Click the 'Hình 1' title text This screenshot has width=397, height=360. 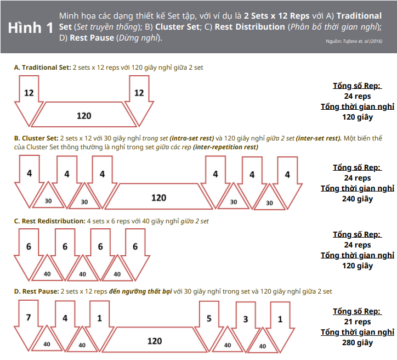(31, 27)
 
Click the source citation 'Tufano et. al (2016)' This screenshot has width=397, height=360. (362, 41)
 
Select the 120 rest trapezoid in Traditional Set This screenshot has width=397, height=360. (84, 115)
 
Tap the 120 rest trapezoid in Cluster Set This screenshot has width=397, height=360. (159, 196)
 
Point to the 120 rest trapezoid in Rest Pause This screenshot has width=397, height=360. (155, 340)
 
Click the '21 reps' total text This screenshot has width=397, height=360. (358, 322)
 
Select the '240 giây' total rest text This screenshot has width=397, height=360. (358, 199)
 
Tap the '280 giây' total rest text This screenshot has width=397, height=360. (358, 342)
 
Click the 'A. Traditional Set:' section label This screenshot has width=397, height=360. (43, 67)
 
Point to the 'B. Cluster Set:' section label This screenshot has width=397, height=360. (36, 138)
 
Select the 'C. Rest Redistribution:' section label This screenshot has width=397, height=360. (49, 221)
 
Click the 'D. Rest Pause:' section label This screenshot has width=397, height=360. (36, 291)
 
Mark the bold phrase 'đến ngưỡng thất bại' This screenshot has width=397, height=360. (140, 291)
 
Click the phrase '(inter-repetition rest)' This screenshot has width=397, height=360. (225, 147)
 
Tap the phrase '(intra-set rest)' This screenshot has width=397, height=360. (192, 138)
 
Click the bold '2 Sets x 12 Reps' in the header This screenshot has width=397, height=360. (276, 16)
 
